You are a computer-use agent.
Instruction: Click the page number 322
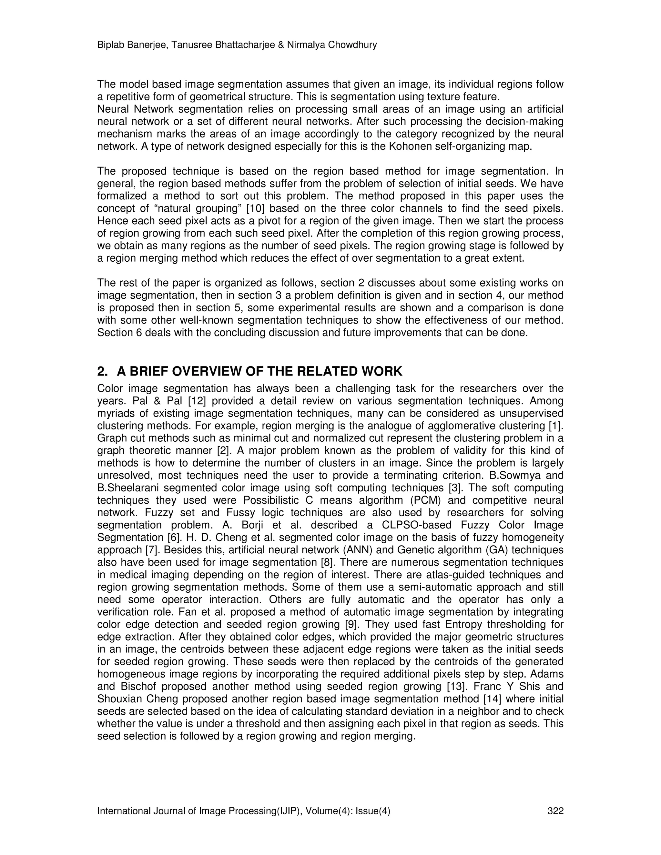coord(555,811)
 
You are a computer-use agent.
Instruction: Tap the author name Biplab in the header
coord(109,45)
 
